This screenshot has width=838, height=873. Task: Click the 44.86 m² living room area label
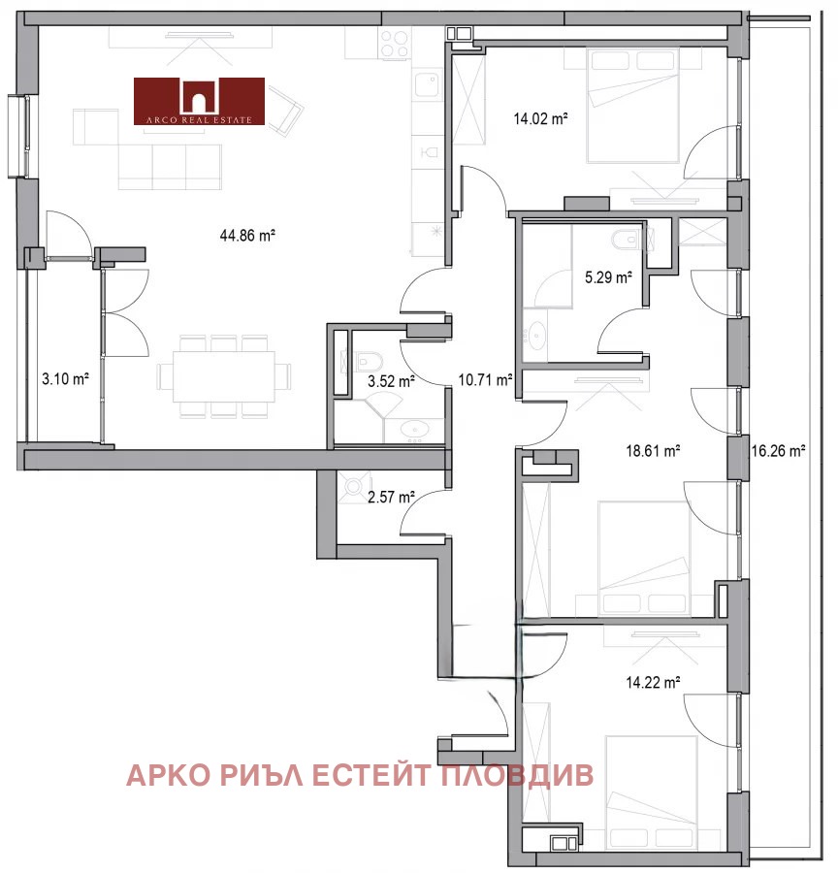(x=247, y=235)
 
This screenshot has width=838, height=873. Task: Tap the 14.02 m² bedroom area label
(x=540, y=118)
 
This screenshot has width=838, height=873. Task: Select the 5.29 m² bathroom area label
(x=608, y=276)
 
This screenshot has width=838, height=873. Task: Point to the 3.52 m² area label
(x=391, y=381)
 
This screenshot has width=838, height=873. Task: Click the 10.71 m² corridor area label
(x=485, y=379)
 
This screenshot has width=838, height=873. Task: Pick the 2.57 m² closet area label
(x=391, y=497)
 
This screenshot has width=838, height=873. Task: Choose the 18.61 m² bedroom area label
(x=653, y=450)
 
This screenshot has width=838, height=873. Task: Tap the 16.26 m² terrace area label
(x=779, y=450)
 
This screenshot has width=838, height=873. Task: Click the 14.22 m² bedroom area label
(x=653, y=682)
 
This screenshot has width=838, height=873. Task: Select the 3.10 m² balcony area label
(x=65, y=379)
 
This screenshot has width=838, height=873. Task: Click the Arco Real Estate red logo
(x=199, y=101)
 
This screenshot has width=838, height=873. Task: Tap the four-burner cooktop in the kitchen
(x=394, y=44)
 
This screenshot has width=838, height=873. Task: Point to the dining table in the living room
(x=224, y=376)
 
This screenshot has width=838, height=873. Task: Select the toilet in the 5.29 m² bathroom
(x=629, y=240)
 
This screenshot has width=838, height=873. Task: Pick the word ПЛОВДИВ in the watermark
(x=517, y=775)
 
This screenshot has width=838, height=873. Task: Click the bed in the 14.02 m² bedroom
(x=633, y=106)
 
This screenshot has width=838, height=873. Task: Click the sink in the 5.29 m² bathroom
(x=535, y=337)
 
